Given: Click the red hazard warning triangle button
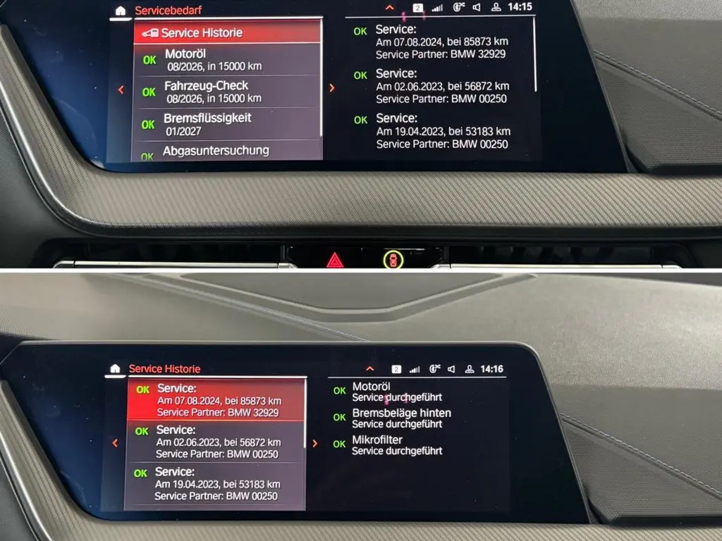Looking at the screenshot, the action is click(335, 261).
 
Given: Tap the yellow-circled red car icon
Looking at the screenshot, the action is click(393, 260).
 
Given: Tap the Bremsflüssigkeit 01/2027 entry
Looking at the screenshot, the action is click(226, 124).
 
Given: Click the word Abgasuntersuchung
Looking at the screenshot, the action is click(216, 151).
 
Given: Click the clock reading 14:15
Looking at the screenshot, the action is click(520, 7).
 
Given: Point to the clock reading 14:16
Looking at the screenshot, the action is click(491, 369).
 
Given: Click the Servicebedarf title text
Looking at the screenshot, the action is click(168, 10).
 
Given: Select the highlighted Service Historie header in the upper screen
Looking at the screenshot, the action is click(228, 32).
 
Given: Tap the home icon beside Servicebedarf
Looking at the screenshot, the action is click(121, 11).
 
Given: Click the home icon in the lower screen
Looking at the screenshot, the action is click(115, 368).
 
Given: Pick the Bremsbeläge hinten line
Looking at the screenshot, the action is click(401, 413).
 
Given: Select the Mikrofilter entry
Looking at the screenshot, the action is click(377, 440).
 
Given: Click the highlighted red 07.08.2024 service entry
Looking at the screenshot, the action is click(216, 400).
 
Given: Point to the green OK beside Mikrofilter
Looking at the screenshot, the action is click(339, 444).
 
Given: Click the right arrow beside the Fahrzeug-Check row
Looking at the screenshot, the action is click(331, 88).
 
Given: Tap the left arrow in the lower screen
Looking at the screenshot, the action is click(115, 443).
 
